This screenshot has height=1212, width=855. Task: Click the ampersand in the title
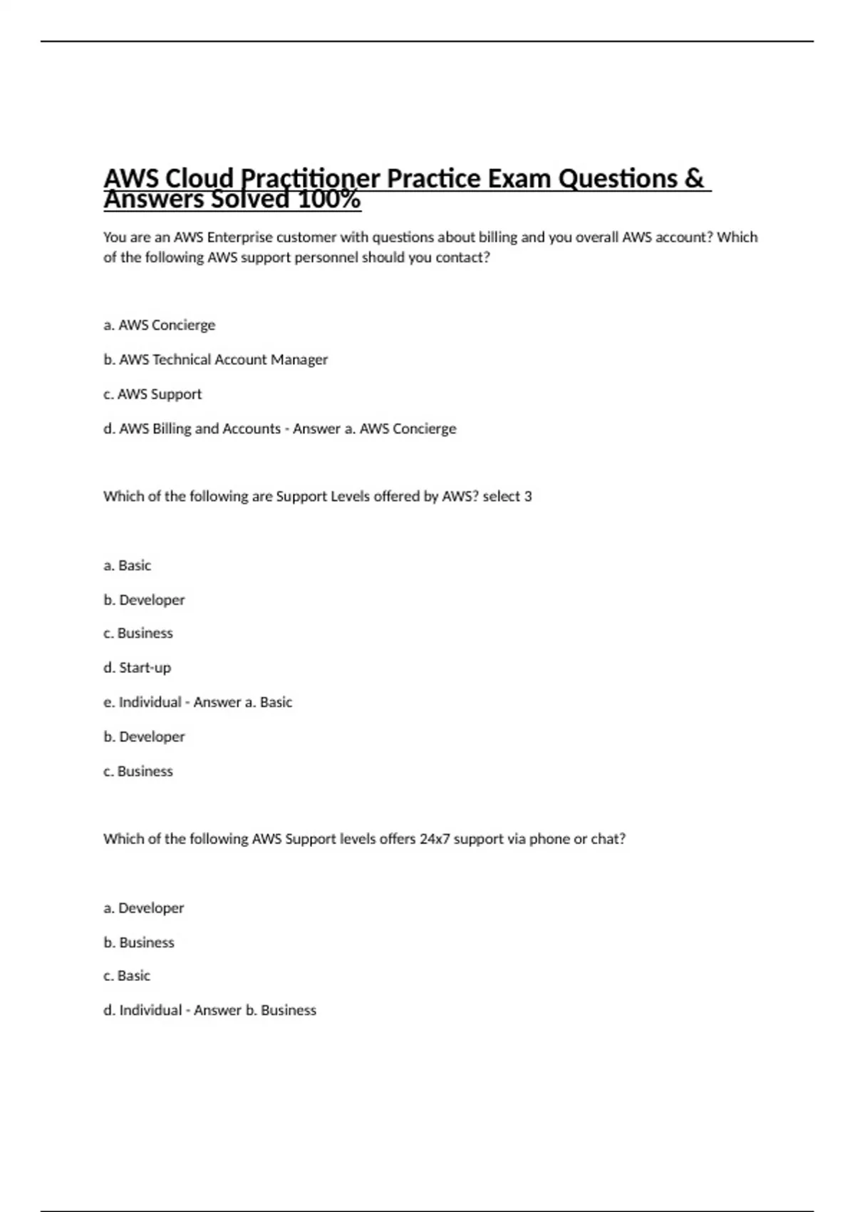tap(693, 178)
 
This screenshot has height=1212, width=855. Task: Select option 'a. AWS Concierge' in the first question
tap(159, 325)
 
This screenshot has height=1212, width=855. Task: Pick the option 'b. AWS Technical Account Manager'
tap(215, 359)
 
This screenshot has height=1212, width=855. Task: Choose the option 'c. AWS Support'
tap(152, 394)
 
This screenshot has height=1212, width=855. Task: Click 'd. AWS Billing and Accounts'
tap(192, 428)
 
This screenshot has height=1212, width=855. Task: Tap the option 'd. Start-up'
tap(137, 668)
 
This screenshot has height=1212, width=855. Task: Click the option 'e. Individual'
tap(142, 702)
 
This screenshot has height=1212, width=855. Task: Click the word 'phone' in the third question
tap(549, 839)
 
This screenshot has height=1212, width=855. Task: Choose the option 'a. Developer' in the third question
tap(143, 908)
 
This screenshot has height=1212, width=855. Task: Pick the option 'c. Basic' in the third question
tap(127, 976)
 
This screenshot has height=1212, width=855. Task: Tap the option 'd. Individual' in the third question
tap(142, 1010)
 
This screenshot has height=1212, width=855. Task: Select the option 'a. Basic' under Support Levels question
tap(127, 565)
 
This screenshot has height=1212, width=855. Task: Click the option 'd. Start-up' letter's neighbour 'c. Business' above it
tap(138, 633)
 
